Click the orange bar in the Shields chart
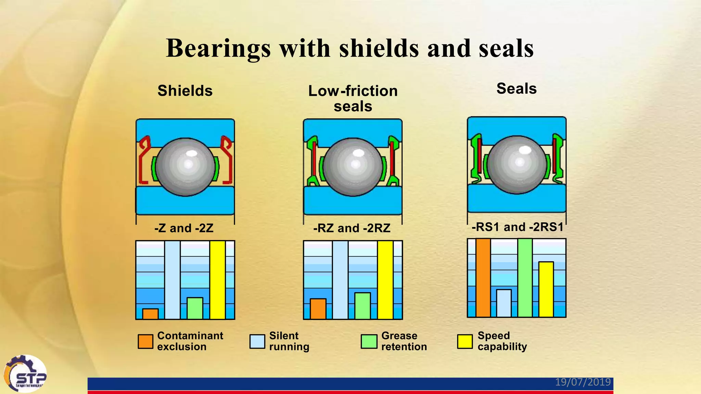click(150, 314)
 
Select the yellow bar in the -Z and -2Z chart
click(217, 280)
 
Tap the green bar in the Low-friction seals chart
click(362, 306)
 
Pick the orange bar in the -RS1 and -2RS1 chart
click(483, 278)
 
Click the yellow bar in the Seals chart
click(546, 289)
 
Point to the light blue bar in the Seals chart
click(504, 303)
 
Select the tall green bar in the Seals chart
click(525, 278)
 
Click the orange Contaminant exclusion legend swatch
click(145, 341)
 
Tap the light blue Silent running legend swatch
click(257, 341)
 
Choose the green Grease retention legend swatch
click(369, 341)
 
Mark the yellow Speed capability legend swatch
click(465, 341)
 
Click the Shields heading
click(185, 91)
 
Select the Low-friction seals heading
click(353, 98)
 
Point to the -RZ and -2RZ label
click(352, 228)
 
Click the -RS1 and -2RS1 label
click(517, 227)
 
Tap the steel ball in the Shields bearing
click(185, 167)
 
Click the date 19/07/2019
click(583, 382)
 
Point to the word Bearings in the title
click(218, 49)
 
